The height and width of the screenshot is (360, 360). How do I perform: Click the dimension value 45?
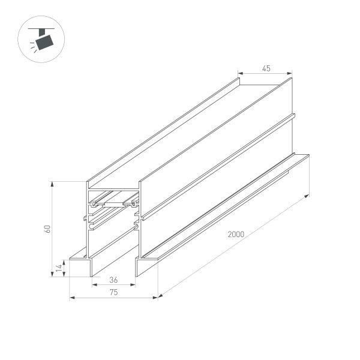[266, 68]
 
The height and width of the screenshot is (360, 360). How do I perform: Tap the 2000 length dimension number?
[235, 235]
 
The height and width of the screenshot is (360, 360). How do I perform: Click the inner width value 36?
[113, 280]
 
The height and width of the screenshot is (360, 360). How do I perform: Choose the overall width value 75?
[113, 292]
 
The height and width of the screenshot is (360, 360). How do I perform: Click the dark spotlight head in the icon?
[43, 43]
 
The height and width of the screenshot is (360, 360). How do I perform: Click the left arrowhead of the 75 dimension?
[71, 296]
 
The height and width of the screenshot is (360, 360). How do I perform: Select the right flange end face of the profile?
[146, 268]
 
